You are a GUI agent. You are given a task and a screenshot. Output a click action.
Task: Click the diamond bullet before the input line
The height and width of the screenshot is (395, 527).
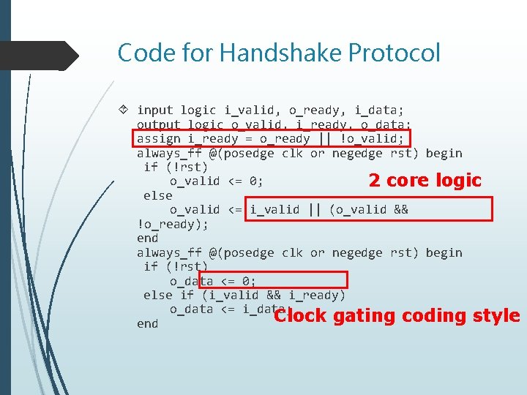click(x=124, y=110)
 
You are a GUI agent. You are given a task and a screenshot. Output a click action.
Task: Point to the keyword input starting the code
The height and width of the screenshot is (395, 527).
click(x=155, y=110)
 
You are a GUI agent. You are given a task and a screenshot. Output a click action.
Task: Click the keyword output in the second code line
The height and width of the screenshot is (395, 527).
click(x=159, y=125)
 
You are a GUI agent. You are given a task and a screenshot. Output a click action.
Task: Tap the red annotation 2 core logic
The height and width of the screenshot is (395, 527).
click(x=425, y=180)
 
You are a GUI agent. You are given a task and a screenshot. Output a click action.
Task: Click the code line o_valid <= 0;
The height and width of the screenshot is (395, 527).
click(x=216, y=181)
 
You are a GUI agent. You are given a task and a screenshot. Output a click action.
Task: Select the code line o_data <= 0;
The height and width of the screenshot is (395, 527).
click(x=212, y=281)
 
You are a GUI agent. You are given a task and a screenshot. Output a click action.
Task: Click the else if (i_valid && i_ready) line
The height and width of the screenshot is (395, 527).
click(x=244, y=295)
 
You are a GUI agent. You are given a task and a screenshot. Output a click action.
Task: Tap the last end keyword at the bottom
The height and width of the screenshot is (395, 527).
click(x=147, y=323)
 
